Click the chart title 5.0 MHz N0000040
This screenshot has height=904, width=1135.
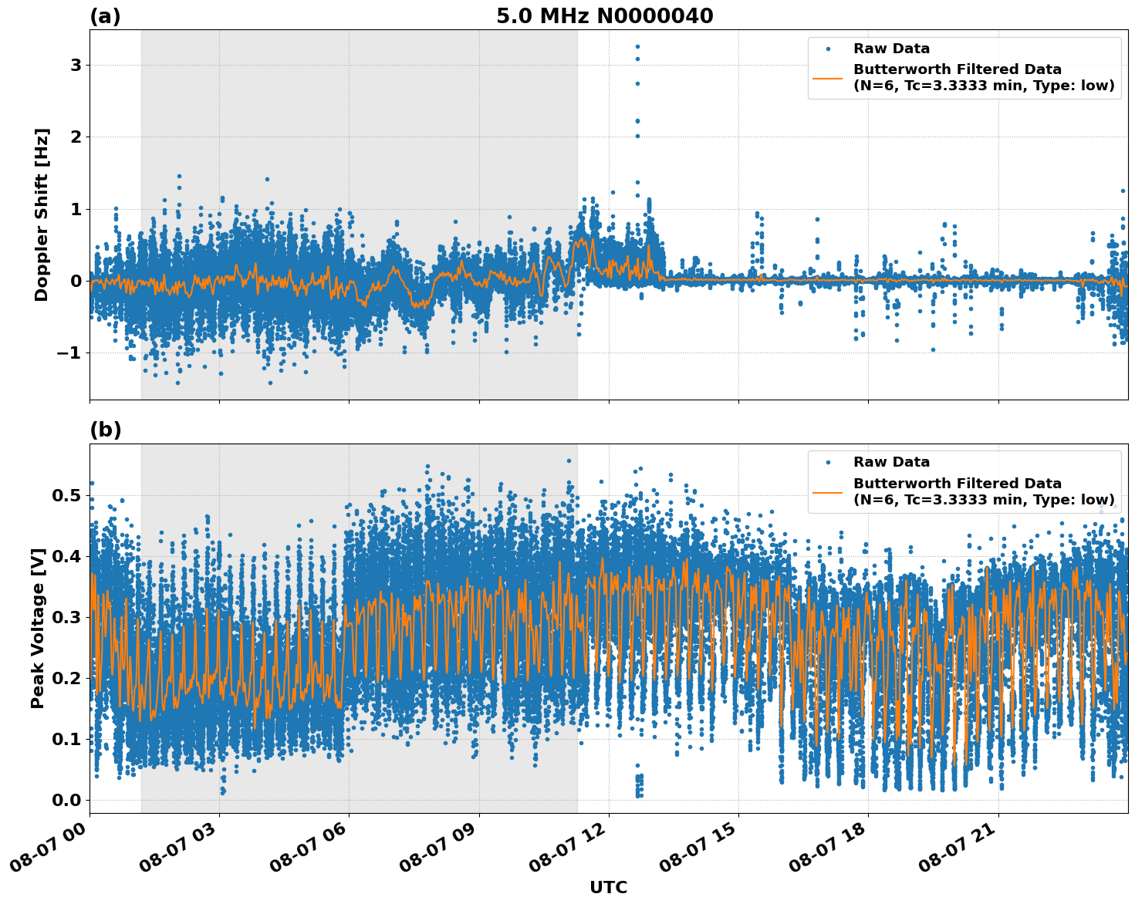point(604,16)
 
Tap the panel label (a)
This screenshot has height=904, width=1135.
point(105,16)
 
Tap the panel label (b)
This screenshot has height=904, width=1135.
point(105,430)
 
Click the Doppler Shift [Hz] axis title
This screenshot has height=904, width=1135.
point(42,214)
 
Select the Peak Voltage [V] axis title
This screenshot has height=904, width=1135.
point(38,628)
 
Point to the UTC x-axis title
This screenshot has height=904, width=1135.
point(608,887)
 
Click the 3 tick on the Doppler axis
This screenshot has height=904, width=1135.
point(76,66)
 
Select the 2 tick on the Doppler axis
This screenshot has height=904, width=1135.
point(76,137)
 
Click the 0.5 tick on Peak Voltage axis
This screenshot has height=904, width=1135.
point(66,495)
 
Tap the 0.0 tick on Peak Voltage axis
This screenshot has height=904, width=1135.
point(66,800)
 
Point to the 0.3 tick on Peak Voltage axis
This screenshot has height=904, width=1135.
point(66,617)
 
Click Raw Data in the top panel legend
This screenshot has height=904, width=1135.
point(891,49)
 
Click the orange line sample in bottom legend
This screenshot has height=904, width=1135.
point(827,491)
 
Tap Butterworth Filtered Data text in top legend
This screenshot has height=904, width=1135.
point(957,69)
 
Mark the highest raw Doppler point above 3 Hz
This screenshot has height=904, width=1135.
point(637,46)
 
